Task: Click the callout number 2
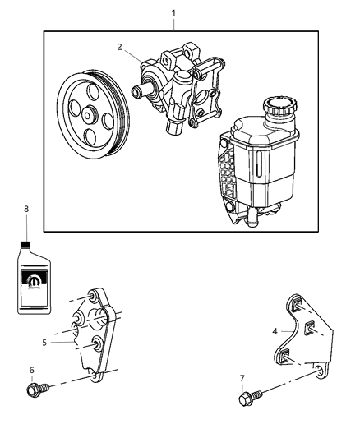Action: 119,47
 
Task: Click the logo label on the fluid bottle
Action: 35,284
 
